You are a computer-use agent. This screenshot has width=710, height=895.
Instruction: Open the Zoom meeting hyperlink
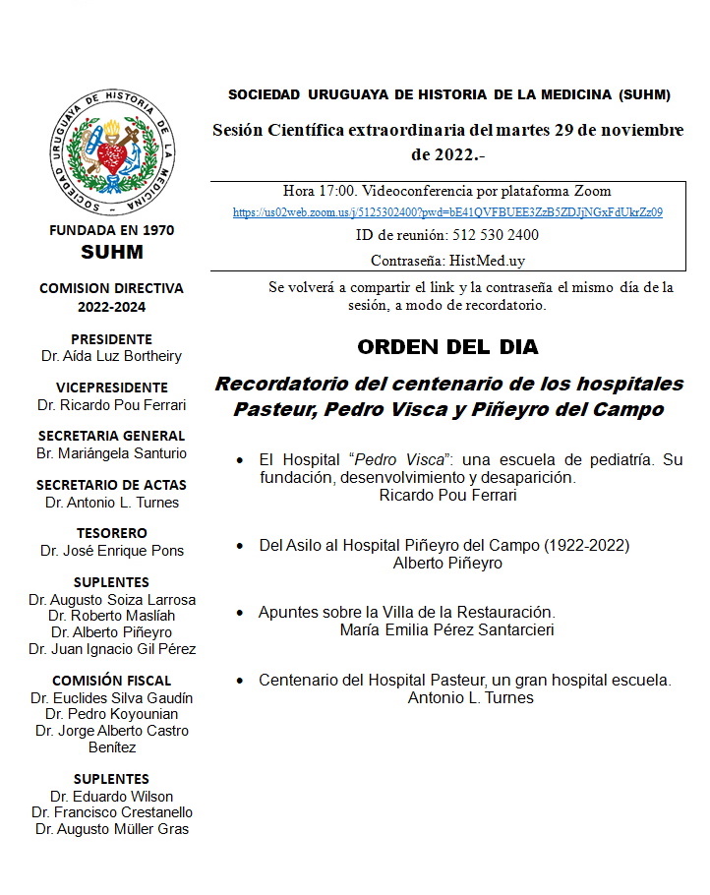pyautogui.click(x=447, y=211)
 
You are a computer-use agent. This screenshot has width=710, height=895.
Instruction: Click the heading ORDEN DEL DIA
pyautogui.click(x=447, y=347)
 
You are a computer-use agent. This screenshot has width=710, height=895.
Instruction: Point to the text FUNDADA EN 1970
pyautogui.click(x=111, y=230)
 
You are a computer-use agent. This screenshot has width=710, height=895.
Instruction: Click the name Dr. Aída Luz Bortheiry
pyautogui.click(x=112, y=356)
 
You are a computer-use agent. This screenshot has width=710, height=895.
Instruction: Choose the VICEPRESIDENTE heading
pyautogui.click(x=111, y=388)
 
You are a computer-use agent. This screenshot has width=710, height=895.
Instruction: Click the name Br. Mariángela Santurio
pyautogui.click(x=111, y=453)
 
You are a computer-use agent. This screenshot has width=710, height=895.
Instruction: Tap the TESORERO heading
pyautogui.click(x=111, y=534)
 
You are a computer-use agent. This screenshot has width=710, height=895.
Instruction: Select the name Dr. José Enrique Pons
pyautogui.click(x=112, y=551)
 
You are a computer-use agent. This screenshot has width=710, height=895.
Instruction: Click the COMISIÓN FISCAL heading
pyautogui.click(x=111, y=681)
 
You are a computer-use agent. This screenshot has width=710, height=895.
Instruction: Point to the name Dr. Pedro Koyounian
pyautogui.click(x=111, y=714)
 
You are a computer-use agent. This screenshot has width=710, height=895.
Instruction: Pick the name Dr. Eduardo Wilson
pyautogui.click(x=111, y=796)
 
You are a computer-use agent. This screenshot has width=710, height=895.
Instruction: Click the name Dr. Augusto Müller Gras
pyautogui.click(x=111, y=829)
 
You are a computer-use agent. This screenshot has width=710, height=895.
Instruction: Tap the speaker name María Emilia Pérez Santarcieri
pyautogui.click(x=446, y=629)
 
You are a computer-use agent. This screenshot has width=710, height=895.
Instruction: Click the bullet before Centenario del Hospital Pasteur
pyautogui.click(x=241, y=681)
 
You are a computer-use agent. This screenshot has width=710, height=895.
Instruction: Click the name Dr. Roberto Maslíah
pyautogui.click(x=111, y=616)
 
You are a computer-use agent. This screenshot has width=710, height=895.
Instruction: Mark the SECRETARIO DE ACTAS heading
pyautogui.click(x=111, y=485)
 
